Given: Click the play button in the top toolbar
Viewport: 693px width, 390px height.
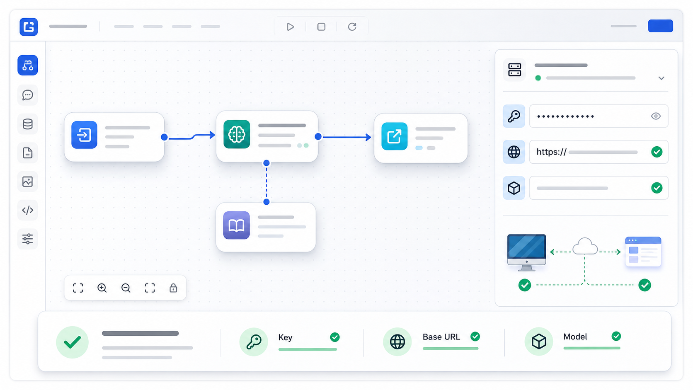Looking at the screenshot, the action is [x=290, y=27].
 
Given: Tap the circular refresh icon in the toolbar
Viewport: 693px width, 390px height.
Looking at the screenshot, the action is [x=352, y=27].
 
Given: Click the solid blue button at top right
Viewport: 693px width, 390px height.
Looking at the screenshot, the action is [x=661, y=26].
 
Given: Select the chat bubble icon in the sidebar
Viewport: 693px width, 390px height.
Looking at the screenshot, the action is [x=27, y=95].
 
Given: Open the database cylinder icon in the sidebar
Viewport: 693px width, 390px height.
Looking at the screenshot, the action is [x=27, y=124].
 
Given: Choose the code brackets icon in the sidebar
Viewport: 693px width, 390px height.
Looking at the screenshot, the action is [x=27, y=210].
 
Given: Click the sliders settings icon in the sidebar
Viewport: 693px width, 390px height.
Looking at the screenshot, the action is [x=27, y=239].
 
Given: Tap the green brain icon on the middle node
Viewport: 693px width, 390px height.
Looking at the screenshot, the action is [x=237, y=134].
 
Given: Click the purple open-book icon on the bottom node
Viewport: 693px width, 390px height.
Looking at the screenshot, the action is [x=236, y=225].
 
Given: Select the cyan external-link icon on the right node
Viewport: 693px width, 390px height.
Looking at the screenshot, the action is [x=395, y=136].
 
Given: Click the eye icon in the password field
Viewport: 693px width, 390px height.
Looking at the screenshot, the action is [x=656, y=116].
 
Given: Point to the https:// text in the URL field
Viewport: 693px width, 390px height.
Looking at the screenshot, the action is [x=551, y=152].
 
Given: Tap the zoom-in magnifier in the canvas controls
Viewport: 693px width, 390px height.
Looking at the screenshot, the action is [x=102, y=288].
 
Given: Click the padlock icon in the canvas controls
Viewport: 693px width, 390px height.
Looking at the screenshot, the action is [x=173, y=288].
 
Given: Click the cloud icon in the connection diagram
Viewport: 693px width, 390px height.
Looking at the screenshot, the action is [x=585, y=246].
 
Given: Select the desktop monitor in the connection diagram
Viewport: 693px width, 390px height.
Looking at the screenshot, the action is [x=526, y=252].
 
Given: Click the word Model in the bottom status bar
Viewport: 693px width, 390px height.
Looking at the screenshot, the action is [x=575, y=337].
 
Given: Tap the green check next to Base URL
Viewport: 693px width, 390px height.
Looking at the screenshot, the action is [x=475, y=336].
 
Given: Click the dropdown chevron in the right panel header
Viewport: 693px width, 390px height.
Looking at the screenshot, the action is [x=661, y=78].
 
